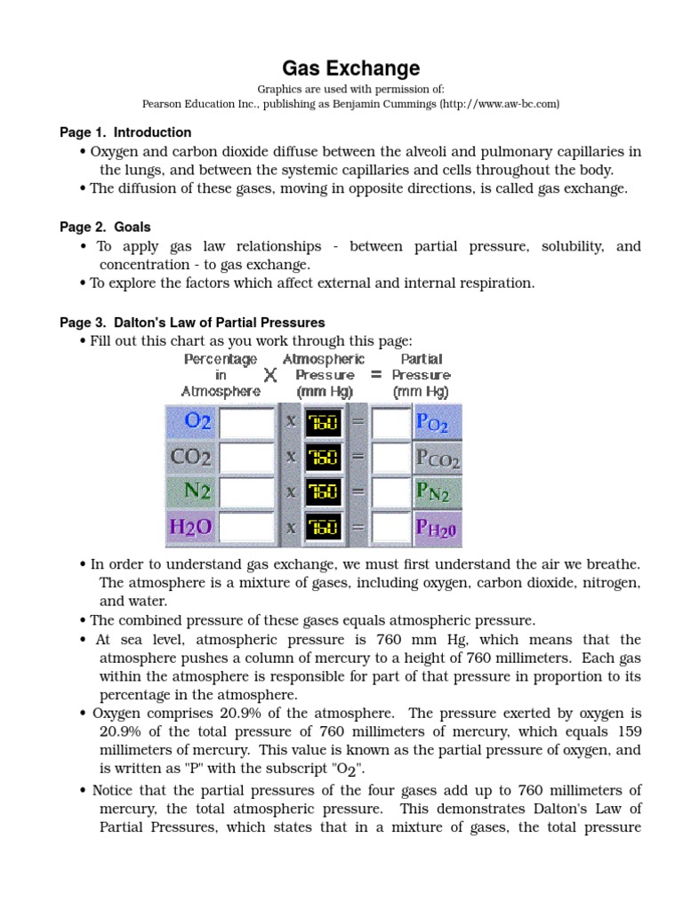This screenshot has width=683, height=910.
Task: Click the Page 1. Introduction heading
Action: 125,132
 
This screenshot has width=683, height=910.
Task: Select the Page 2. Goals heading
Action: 105,227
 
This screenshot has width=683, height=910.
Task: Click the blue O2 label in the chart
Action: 191,421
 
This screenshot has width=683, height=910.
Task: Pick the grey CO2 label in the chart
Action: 190,457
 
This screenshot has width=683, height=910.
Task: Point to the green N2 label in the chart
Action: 191,491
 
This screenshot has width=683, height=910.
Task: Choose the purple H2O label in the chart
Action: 190,526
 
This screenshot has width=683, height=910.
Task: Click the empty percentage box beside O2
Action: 247,422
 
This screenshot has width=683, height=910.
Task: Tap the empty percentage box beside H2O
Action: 247,527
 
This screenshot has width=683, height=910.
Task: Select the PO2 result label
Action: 437,422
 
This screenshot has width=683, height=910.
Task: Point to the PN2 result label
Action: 437,492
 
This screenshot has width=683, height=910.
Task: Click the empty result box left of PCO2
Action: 391,458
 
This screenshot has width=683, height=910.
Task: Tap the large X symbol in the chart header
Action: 270,376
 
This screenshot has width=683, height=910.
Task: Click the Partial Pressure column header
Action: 421,375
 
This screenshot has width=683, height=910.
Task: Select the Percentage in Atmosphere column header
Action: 221,375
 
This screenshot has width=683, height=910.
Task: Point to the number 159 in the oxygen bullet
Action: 624,731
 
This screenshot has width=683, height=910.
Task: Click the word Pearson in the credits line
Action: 163,104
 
